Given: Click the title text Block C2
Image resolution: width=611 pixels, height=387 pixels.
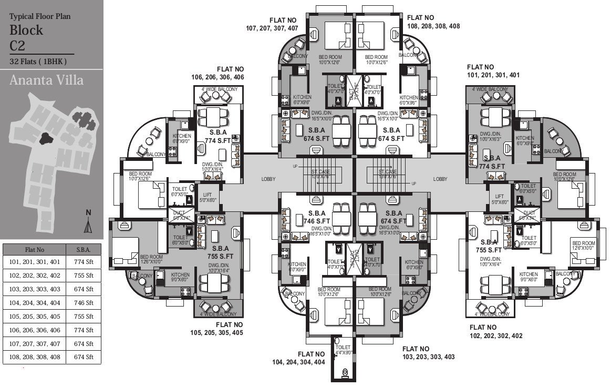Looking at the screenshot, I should click(x=26, y=37).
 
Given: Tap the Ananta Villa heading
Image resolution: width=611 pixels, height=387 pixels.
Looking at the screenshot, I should click(x=46, y=80).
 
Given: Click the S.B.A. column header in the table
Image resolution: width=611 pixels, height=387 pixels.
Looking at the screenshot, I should click(x=84, y=249).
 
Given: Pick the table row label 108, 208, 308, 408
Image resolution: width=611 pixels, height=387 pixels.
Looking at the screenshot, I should click(x=35, y=358).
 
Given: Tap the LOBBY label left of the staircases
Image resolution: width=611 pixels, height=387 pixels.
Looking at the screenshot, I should click(x=268, y=179).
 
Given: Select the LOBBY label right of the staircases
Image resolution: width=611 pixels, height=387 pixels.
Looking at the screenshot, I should click(x=440, y=179).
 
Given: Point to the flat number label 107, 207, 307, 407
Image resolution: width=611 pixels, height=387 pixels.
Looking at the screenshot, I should click(x=272, y=24).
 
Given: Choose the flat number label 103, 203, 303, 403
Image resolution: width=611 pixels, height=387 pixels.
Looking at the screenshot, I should click(x=428, y=353).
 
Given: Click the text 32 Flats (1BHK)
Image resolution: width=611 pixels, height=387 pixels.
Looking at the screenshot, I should click(x=38, y=62).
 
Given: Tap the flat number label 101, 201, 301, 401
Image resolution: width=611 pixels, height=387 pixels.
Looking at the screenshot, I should click(x=493, y=71).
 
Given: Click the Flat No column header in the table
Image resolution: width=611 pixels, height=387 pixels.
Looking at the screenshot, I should click(x=35, y=249).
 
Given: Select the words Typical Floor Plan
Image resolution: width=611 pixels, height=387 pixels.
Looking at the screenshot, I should click(x=40, y=16).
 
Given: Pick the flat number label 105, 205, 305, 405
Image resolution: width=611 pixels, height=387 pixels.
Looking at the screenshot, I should click(x=216, y=329).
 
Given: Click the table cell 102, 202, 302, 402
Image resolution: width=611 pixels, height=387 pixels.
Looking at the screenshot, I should click(x=35, y=276).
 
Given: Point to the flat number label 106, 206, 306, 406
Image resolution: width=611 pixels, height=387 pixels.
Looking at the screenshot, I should click(x=218, y=73).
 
